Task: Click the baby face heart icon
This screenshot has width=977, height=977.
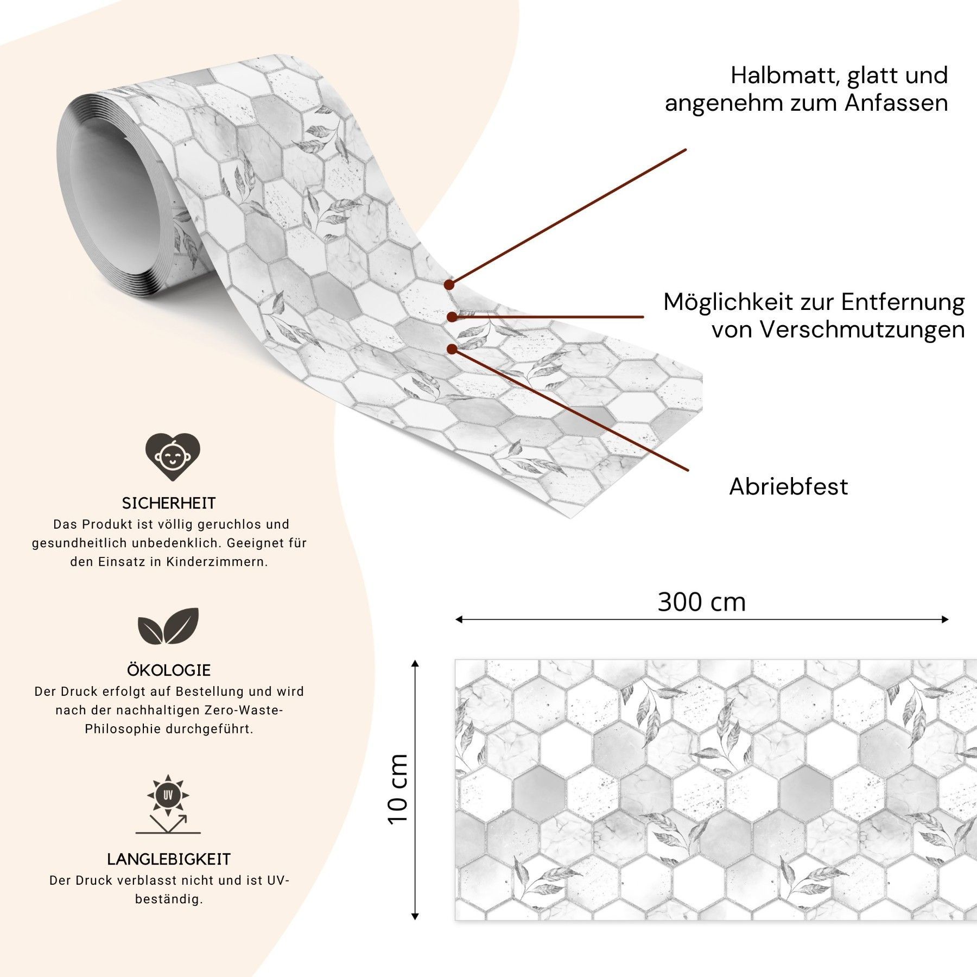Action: tap(173, 456)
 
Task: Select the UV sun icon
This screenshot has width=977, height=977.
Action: tap(168, 803)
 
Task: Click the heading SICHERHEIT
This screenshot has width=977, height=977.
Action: tap(169, 503)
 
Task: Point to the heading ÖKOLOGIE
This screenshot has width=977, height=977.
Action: tap(169, 670)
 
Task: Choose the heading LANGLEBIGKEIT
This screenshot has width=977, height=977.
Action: tap(169, 859)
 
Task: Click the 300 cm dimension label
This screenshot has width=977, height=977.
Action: tap(702, 602)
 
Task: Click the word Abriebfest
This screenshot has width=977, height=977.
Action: tap(788, 486)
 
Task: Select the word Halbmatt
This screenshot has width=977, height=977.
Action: tap(783, 75)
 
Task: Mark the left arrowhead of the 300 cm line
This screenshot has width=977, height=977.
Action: tap(459, 619)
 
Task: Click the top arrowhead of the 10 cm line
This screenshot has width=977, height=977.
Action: tap(415, 663)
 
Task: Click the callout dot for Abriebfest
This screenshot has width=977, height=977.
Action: tap(452, 349)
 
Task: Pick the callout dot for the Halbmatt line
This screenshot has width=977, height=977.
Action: tap(449, 284)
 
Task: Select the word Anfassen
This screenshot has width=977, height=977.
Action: tap(896, 103)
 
